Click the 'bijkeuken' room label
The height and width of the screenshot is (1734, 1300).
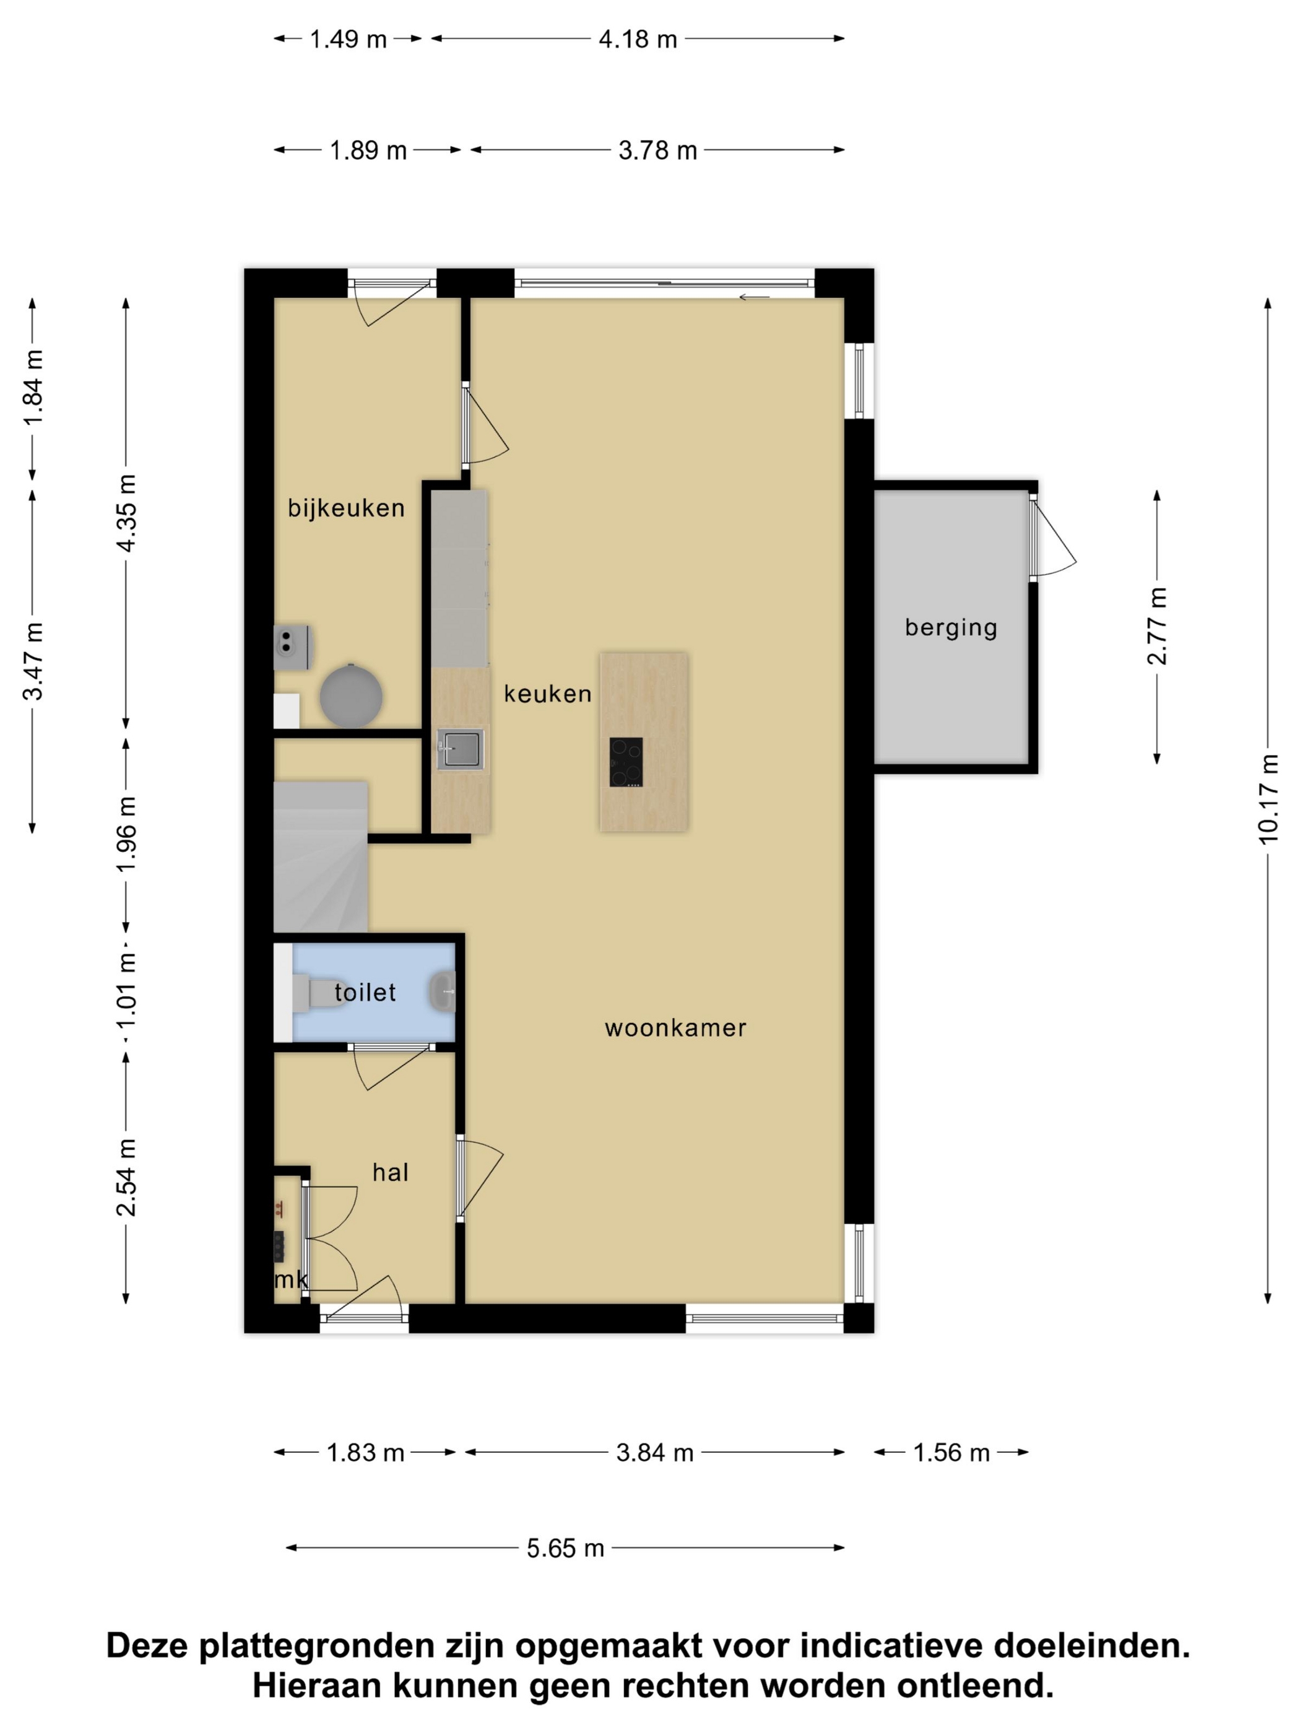[345, 509]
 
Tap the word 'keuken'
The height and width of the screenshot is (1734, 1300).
[547, 694]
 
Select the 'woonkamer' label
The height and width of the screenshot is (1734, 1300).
[675, 1027]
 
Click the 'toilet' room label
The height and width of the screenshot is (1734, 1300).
[365, 993]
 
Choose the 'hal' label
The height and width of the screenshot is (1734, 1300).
[390, 1173]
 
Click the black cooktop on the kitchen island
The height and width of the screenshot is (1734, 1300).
[626, 762]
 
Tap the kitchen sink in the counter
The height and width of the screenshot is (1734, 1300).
[460, 750]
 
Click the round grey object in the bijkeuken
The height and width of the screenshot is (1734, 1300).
[351, 695]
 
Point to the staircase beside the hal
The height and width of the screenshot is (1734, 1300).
[321, 857]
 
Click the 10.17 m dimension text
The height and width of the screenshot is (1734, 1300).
[1268, 799]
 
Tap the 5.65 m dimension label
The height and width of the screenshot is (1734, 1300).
[565, 1548]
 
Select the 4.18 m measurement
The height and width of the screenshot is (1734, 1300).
[637, 38]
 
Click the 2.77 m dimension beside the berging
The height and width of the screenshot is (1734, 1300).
[1156, 625]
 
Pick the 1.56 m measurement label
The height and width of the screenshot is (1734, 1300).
[951, 1453]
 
